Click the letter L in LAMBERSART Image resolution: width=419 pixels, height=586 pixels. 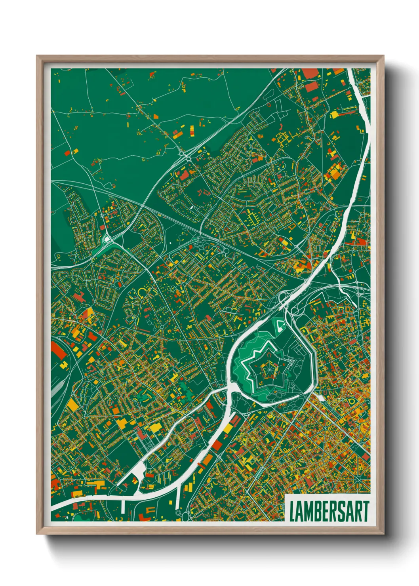[x=292, y=512]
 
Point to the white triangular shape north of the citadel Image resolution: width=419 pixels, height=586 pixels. [x=281, y=325]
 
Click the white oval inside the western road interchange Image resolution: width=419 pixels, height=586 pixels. [x=106, y=239]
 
